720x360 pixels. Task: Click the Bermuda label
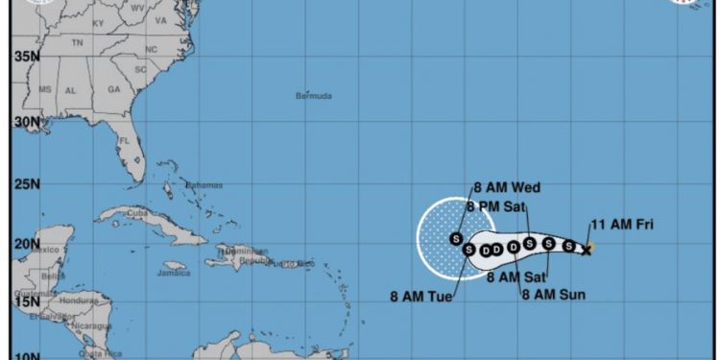pyautogui.click(x=313, y=96)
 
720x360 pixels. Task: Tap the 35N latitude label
pyautogui.click(x=27, y=57)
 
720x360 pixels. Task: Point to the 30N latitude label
pyautogui.click(x=27, y=121)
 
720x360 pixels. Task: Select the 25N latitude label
pyautogui.click(x=27, y=183)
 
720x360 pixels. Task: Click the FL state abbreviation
pyautogui.click(x=124, y=140)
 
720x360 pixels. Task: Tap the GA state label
pyautogui.click(x=113, y=89)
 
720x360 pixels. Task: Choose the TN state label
pyautogui.click(x=77, y=42)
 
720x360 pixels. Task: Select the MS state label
pyautogui.click(x=44, y=89)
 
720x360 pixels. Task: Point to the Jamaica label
pyautogui.click(x=174, y=273)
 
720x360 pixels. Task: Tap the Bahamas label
pyautogui.click(x=204, y=185)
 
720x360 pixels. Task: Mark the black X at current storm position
pyautogui.click(x=586, y=250)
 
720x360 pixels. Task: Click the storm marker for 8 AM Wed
pyautogui.click(x=455, y=237)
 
